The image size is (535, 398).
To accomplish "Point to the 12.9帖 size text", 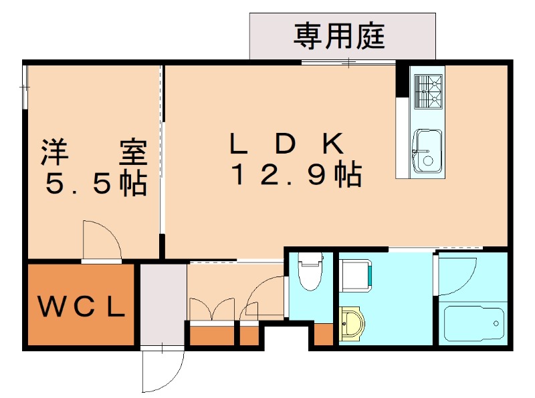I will tap(296, 175).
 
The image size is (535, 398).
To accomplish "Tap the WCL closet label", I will tap(81, 307).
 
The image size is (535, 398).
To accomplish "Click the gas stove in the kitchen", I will tap(428, 91).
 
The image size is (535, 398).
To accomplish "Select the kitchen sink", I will tap(427, 150).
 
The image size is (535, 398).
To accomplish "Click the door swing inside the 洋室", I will tap(101, 239).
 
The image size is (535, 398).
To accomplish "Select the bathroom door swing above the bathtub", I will tap(456, 274).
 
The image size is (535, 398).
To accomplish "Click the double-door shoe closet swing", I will tap(212, 309).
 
